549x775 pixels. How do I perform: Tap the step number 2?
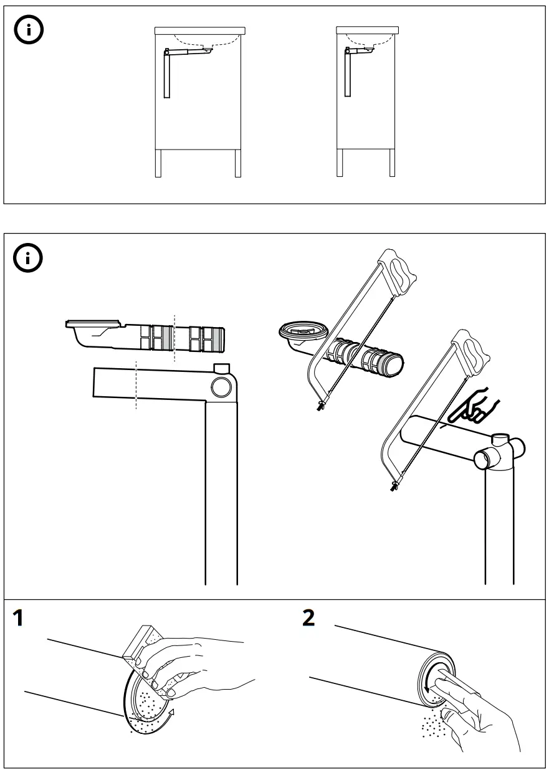point(309,619)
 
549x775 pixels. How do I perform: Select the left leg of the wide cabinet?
point(158,163)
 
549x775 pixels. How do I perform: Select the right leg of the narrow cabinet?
point(393,163)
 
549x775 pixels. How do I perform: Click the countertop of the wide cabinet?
point(199,29)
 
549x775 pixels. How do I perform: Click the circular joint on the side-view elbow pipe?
point(221,388)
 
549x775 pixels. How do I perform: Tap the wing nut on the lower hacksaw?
point(393,486)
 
